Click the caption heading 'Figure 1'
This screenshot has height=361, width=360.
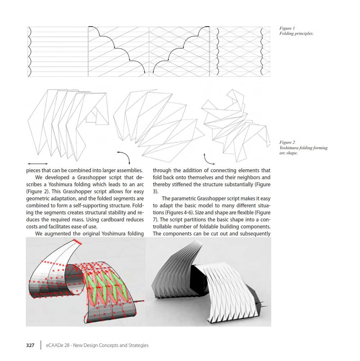coord(287,28)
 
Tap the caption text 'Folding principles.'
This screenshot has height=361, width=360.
coord(296,34)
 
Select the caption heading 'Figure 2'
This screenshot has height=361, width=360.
coord(287,143)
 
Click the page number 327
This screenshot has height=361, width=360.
coord(30,346)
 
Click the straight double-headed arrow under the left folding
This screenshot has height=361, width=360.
coord(37,164)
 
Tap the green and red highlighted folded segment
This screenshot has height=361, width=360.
coord(104,286)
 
